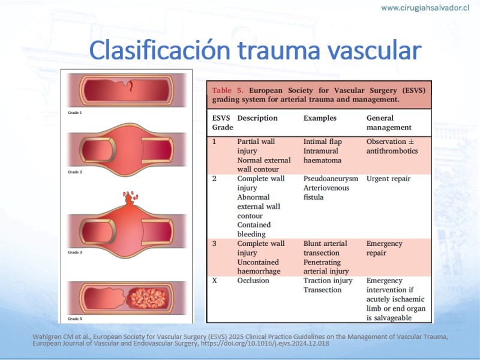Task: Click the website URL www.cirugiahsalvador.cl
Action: click(x=425, y=8)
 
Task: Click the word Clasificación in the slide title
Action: click(x=160, y=50)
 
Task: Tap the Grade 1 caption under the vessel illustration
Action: click(x=74, y=113)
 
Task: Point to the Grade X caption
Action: click(x=75, y=319)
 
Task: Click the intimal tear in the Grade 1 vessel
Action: click(x=131, y=85)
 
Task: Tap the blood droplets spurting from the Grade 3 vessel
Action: click(x=130, y=196)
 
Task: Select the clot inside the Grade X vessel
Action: click(x=148, y=298)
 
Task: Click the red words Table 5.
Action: click(x=228, y=91)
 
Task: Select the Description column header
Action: click(x=257, y=118)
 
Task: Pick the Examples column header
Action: click(x=320, y=118)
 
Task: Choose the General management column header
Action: click(x=389, y=123)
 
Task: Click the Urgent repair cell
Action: click(x=388, y=178)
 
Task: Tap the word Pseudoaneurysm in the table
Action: click(x=331, y=178)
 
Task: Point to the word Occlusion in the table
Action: click(x=253, y=280)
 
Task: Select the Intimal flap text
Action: click(x=323, y=142)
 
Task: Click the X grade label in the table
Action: click(x=215, y=280)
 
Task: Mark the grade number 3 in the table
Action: click(x=214, y=244)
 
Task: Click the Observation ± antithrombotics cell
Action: click(x=392, y=146)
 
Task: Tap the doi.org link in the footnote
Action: click(x=265, y=343)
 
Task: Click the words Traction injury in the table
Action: click(x=328, y=280)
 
